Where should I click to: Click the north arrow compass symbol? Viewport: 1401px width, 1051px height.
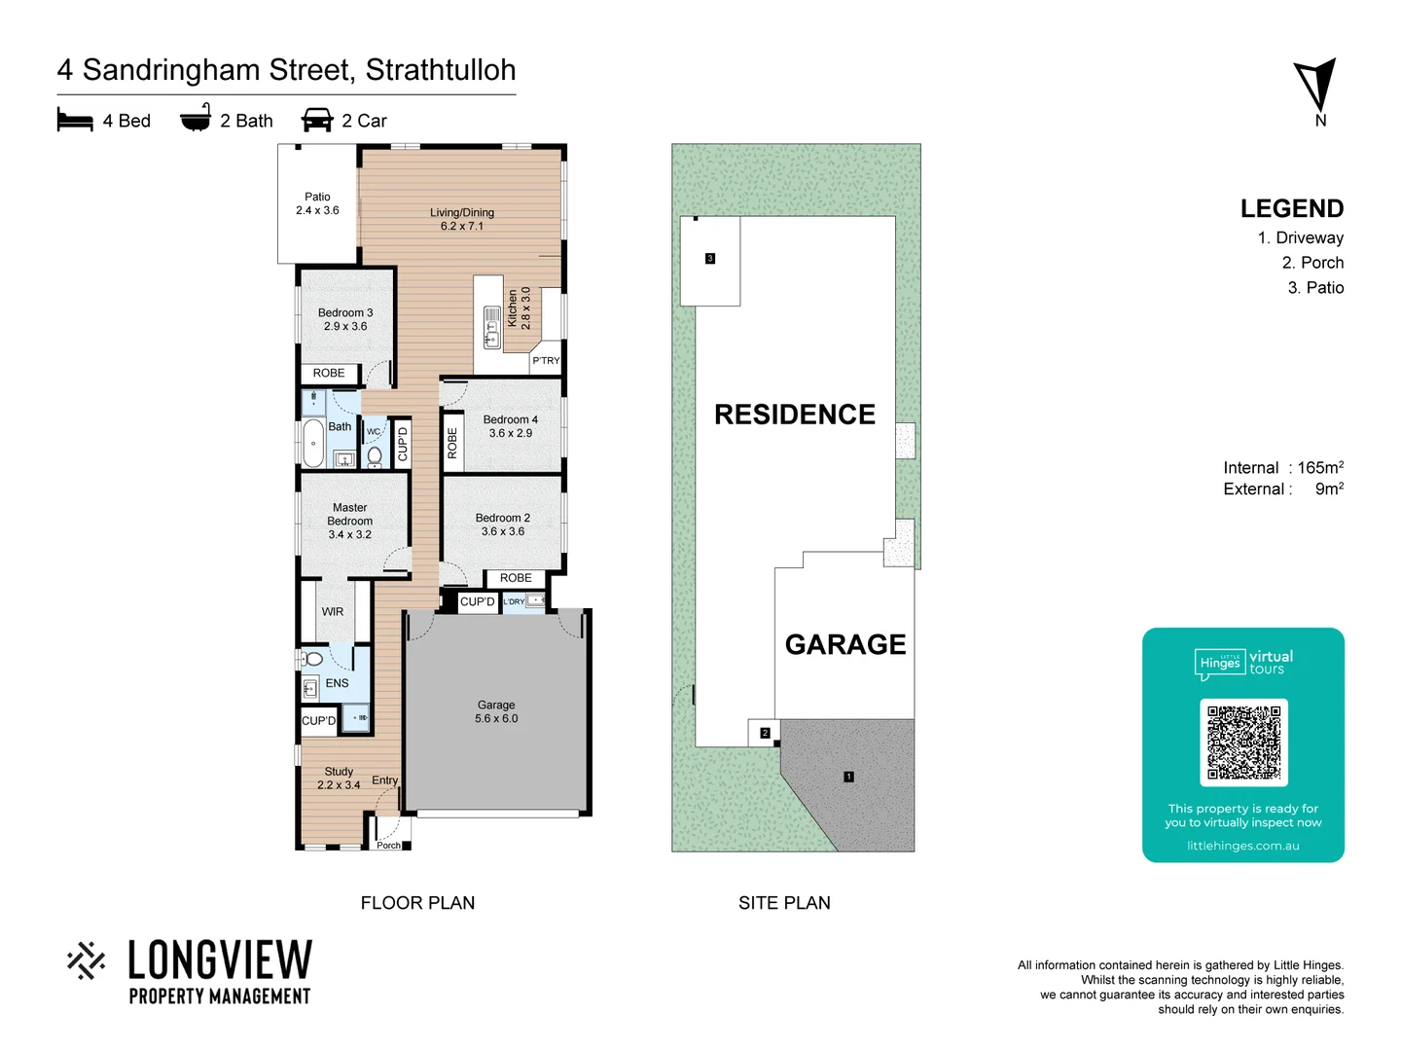tap(1316, 86)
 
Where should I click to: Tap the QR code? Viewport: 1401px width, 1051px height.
tap(1243, 742)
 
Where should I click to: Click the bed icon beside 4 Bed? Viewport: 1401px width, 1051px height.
tap(75, 120)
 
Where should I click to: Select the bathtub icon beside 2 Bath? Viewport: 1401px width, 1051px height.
tap(196, 118)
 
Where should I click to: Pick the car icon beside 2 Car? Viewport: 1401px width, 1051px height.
tap(317, 120)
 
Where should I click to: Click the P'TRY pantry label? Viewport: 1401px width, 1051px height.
tap(546, 360)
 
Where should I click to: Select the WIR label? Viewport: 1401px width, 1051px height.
tap(333, 612)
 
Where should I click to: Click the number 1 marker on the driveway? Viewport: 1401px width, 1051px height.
tap(848, 777)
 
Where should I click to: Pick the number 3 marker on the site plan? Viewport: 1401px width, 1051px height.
tap(710, 259)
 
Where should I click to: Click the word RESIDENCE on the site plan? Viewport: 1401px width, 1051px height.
tap(795, 415)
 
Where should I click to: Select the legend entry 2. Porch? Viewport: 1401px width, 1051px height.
tap(1312, 263)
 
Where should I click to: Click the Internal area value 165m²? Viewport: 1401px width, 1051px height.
tap(1320, 468)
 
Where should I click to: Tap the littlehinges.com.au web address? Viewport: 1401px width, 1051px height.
tap(1242, 846)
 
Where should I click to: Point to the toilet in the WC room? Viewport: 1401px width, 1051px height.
tap(375, 453)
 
